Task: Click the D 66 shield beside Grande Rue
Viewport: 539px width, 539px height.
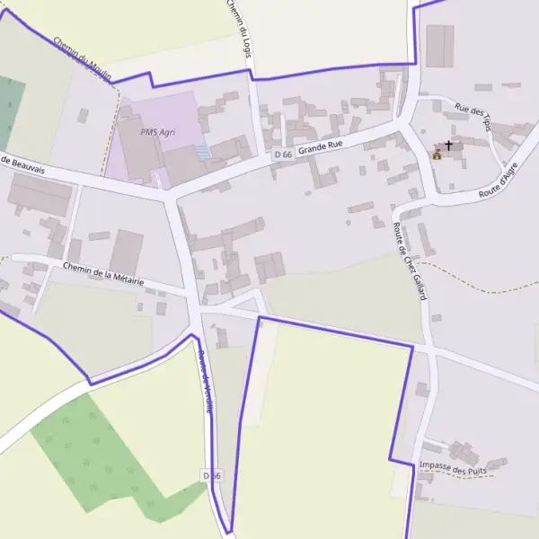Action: (x=282, y=155)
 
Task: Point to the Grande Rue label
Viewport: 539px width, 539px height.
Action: (x=321, y=146)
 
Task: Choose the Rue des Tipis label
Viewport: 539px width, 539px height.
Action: (x=473, y=117)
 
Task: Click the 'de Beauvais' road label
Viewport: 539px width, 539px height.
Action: (x=22, y=163)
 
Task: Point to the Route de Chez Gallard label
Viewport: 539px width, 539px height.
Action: (x=408, y=261)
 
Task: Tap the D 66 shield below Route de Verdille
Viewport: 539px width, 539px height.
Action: (x=211, y=474)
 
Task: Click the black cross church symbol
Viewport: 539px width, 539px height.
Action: (x=448, y=145)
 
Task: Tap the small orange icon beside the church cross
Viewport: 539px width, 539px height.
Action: (x=437, y=155)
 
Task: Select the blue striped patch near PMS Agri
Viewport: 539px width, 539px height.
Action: (x=204, y=153)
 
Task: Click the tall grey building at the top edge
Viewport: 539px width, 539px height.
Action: (x=439, y=46)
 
